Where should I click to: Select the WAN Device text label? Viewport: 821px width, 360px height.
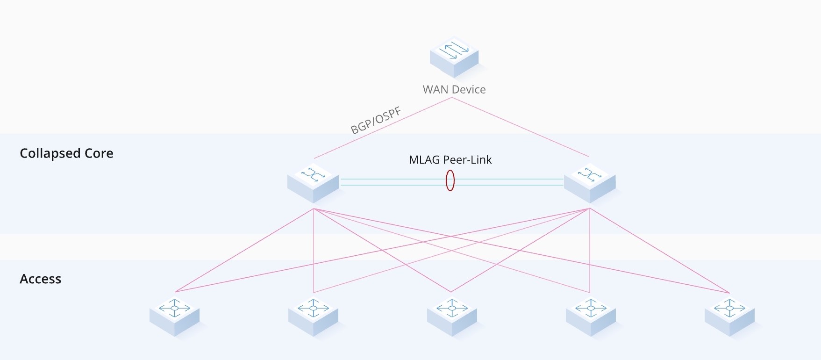(454, 90)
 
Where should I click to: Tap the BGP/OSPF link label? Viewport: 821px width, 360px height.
(376, 121)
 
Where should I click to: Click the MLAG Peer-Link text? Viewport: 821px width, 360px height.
(450, 160)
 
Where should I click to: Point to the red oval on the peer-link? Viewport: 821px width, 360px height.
(450, 180)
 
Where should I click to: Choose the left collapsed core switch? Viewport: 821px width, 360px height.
(313, 182)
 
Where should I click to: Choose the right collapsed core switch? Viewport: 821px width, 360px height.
(590, 182)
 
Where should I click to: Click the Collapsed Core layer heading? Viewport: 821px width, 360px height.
(66, 153)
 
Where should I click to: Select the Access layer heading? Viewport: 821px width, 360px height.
(40, 279)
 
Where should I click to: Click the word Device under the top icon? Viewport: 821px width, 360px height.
(469, 90)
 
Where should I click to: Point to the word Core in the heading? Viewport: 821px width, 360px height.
(99, 153)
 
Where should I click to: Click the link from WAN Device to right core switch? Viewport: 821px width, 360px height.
(520, 127)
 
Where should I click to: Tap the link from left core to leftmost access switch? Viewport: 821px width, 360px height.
(244, 250)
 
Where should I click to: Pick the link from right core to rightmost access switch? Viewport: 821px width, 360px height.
(659, 250)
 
